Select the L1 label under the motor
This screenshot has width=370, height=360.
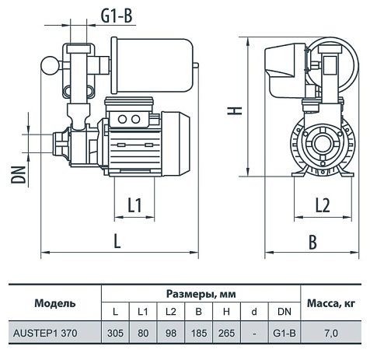(x=134, y=204)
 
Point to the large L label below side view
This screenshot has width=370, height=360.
(x=117, y=240)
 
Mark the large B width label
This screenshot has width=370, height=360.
(x=312, y=241)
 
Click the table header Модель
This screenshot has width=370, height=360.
(x=55, y=302)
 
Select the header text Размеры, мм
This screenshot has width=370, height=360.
(x=201, y=294)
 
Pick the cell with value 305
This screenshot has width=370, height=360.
(x=115, y=334)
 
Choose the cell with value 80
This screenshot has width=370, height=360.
(x=143, y=334)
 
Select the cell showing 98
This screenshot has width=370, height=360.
(x=171, y=334)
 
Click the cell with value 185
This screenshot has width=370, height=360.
(x=200, y=334)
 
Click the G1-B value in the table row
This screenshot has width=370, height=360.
(x=284, y=334)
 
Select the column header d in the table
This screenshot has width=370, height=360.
(x=255, y=312)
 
